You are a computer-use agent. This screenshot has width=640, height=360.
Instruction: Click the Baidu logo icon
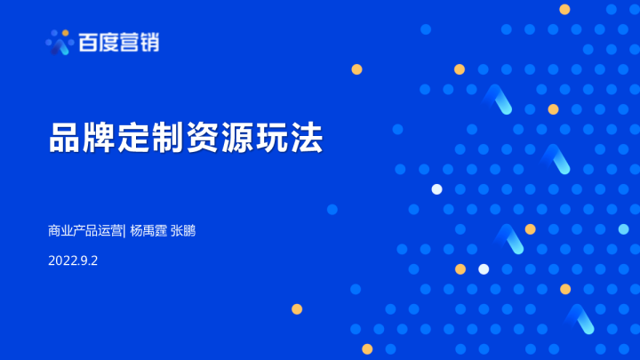(x=60, y=41)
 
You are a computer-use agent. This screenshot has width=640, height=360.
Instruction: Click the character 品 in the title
(x=66, y=139)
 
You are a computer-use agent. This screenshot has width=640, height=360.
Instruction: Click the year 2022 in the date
(x=62, y=260)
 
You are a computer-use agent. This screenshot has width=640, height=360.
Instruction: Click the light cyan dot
(x=623, y=229)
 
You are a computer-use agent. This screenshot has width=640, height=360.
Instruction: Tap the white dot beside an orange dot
(x=484, y=268)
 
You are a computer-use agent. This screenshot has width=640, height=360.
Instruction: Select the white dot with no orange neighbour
(x=436, y=188)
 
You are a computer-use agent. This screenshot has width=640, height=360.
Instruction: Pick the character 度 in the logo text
(x=110, y=42)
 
